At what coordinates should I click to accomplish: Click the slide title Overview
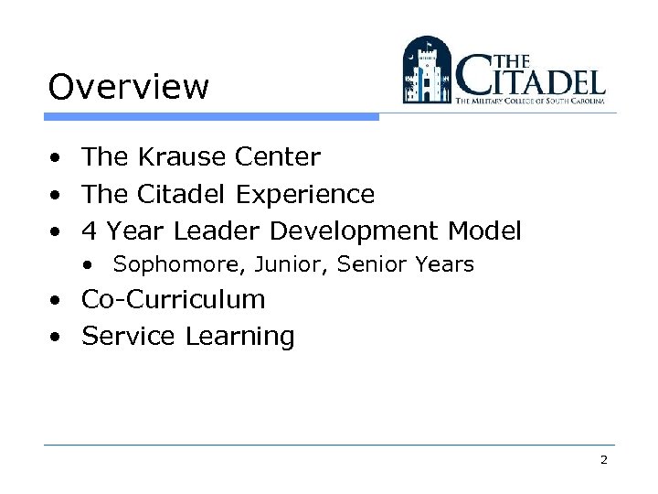[x=129, y=88]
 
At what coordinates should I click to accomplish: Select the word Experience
[x=305, y=195]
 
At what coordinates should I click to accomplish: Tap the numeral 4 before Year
[x=90, y=231]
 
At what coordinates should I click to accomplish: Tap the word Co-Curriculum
[x=174, y=300]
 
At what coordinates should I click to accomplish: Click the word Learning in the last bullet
[x=239, y=337]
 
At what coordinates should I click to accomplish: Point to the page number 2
[x=604, y=460]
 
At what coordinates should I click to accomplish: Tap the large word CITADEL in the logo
[x=531, y=78]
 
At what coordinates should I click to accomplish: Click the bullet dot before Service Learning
[x=57, y=337]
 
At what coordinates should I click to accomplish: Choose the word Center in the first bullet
[x=278, y=157]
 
